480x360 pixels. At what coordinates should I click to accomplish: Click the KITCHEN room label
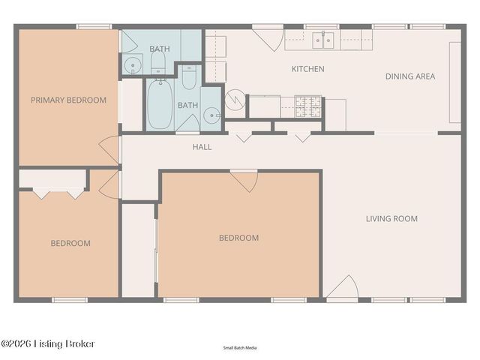[307, 69]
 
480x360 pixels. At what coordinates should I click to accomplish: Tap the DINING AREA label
[409, 76]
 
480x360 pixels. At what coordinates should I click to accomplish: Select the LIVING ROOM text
[391, 219]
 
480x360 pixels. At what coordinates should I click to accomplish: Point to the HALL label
[202, 147]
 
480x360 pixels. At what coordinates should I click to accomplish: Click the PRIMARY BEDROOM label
[68, 100]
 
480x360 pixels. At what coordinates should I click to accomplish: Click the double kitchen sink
[323, 40]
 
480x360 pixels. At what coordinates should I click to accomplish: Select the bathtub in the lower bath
[158, 103]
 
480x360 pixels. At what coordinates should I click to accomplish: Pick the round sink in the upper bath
[132, 65]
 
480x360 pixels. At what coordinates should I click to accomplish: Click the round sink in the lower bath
[211, 116]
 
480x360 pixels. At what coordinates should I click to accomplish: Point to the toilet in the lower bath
[188, 77]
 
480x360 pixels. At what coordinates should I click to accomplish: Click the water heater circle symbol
[235, 99]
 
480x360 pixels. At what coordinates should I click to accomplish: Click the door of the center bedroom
[244, 181]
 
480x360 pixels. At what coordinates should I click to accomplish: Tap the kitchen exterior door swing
[268, 38]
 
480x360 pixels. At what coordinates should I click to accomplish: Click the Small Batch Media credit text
[239, 348]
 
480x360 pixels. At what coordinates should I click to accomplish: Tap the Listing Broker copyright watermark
[48, 343]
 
